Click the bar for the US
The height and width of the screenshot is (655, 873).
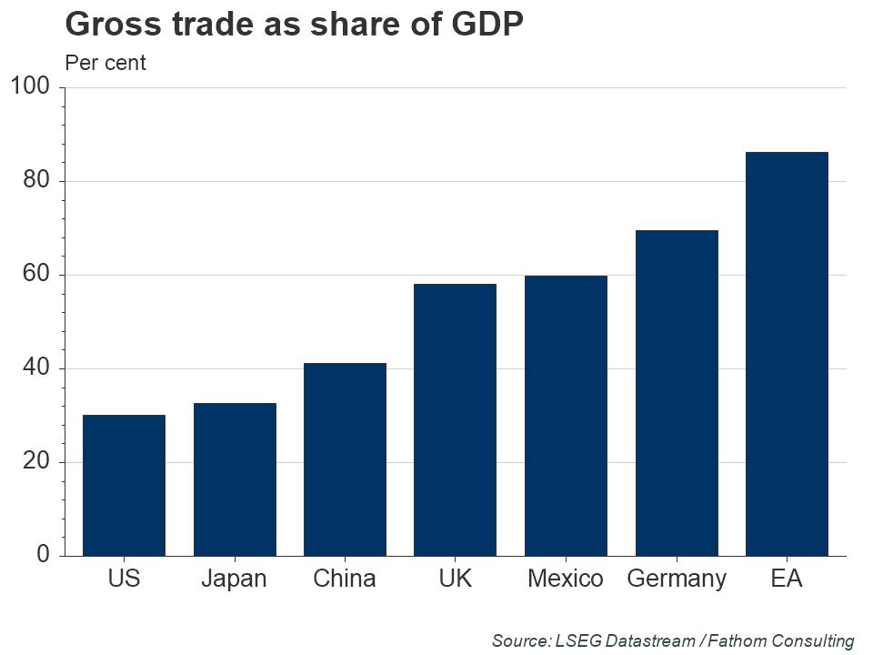tap(124, 485)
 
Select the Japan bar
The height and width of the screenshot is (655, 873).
tap(235, 479)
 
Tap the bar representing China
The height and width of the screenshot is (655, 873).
tap(345, 459)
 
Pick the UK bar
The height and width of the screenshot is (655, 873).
tap(455, 419)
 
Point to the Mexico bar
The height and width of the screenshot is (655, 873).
tap(566, 416)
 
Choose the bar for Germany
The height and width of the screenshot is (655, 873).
tap(677, 393)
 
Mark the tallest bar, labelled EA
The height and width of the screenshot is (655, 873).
tap(787, 354)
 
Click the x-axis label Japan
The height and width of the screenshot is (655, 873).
tap(234, 579)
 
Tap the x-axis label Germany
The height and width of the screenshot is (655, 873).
tap(677, 579)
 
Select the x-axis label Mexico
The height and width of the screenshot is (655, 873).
tap(565, 579)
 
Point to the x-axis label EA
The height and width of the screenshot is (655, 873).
tap(787, 579)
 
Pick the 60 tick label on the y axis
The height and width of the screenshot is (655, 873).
tap(35, 275)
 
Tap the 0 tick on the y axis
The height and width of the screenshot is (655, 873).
tap(43, 555)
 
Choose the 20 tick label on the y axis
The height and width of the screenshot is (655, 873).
tap(35, 461)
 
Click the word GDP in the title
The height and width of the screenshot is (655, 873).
tap(487, 25)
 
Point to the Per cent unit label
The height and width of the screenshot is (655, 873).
tap(105, 63)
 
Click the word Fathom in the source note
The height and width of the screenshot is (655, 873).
tap(737, 640)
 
